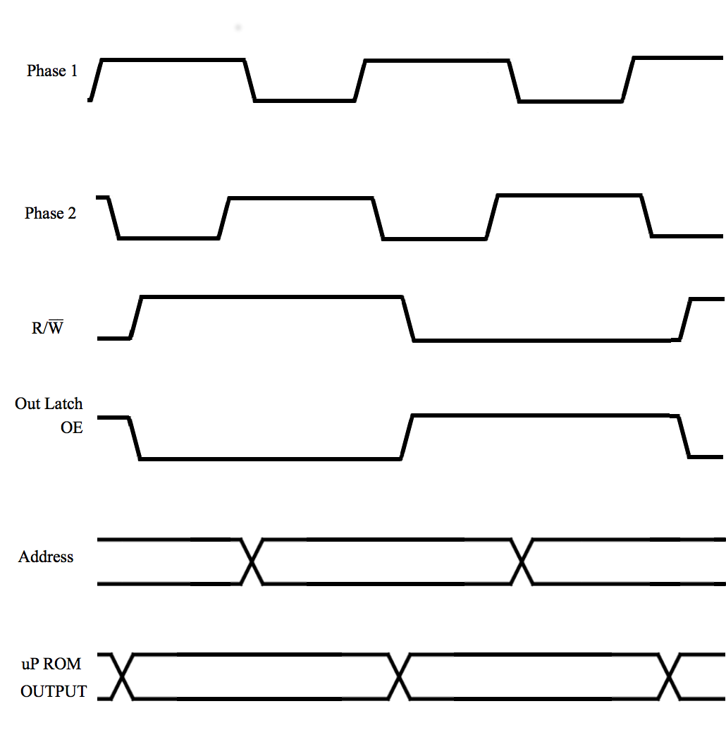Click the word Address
[46, 556]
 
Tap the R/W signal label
[47, 327]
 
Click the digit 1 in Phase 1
[74, 71]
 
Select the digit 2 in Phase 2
[72, 213]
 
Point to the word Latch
[64, 403]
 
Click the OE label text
[72, 427]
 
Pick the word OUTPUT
[54, 691]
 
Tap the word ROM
[62, 664]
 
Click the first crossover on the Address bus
[252, 561]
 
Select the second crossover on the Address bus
[522, 561]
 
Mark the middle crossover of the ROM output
[399, 676]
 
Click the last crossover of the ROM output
[669, 676]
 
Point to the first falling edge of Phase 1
[250, 80]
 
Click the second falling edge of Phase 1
[514, 80]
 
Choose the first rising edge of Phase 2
[223, 218]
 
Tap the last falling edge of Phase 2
[646, 215]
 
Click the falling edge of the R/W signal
[408, 319]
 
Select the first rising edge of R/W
[136, 317]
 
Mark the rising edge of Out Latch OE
[407, 437]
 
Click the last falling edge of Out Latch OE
[684, 437]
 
